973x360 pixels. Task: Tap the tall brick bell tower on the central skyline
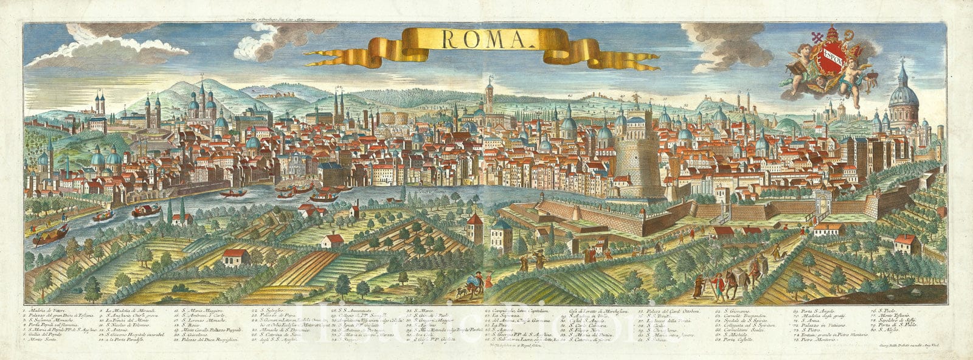point(488,97)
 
